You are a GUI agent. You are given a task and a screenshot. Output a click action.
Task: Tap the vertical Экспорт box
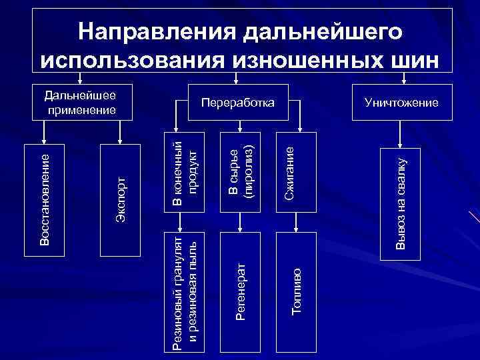coord(120,199)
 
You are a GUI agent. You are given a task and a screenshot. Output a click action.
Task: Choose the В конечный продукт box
coord(185,173)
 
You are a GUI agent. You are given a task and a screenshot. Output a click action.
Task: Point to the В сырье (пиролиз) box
coord(239,173)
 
